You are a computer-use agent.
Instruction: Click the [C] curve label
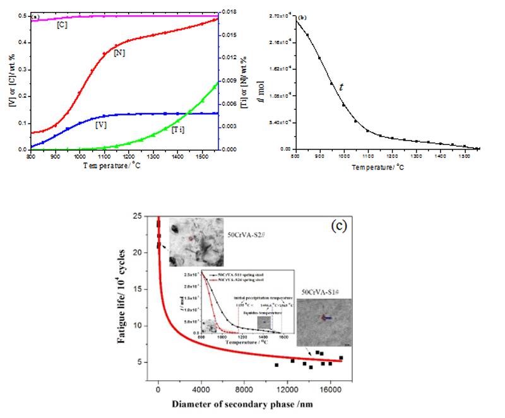(x=62, y=25)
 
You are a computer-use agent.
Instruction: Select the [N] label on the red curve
(x=119, y=54)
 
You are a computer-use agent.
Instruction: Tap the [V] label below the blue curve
(x=101, y=125)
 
